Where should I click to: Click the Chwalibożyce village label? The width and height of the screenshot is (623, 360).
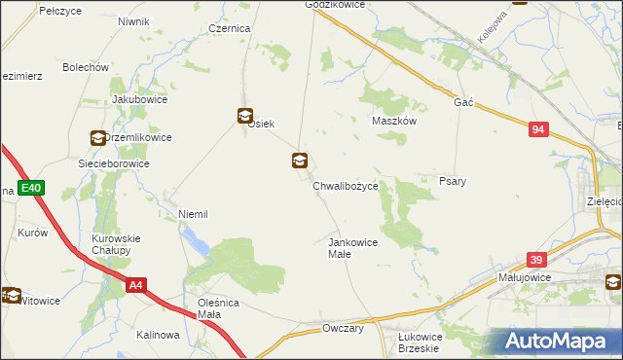point(351,184)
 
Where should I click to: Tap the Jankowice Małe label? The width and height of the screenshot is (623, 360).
point(352,247)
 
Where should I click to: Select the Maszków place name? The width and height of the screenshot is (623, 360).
point(394,122)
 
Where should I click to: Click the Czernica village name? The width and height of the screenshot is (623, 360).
point(230,29)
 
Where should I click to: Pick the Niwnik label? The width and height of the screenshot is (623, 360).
point(132,21)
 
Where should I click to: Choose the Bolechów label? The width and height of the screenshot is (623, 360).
point(85,68)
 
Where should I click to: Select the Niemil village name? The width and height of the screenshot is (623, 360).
point(193,214)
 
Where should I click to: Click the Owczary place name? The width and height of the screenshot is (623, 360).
point(343,329)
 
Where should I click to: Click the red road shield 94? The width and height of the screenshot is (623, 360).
point(540,129)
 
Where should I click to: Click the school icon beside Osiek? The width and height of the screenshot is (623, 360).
point(244,116)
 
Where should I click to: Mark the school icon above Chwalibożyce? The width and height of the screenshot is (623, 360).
point(301,162)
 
